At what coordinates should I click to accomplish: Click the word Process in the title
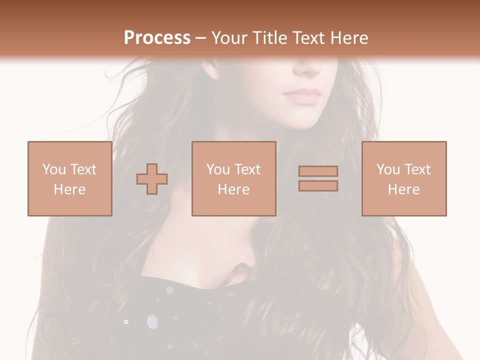pos(157,38)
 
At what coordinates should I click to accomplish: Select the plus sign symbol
pos(152,178)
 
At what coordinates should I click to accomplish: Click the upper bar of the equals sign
pos(318,171)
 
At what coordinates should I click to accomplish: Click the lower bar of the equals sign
pos(318,186)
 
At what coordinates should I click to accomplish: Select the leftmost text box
pos(70,178)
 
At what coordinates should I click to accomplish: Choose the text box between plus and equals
pos(233,178)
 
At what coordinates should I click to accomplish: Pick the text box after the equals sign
pos(404,178)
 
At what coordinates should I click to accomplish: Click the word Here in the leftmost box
pos(70,189)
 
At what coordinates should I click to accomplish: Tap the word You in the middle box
pos(218,169)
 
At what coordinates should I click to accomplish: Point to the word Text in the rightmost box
pos(417,169)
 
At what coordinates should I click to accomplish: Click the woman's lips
pos(301,96)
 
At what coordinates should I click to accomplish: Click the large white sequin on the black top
pos(151,321)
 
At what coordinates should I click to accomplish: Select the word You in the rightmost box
pos(388,169)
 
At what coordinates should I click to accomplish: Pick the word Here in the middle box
pos(233,189)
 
